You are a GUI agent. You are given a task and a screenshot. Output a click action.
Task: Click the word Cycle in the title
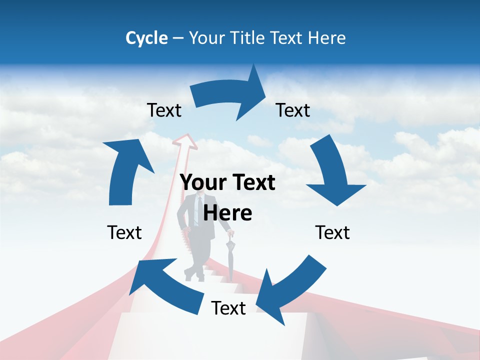(x=146, y=38)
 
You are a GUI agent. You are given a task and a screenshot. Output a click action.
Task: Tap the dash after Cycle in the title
(x=178, y=38)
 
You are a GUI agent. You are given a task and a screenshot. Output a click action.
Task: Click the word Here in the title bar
(x=327, y=38)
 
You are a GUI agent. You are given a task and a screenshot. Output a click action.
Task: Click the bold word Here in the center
(x=228, y=213)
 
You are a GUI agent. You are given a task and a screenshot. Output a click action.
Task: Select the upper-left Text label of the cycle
(x=164, y=110)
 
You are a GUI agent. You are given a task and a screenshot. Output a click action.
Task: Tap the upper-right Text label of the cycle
(x=293, y=110)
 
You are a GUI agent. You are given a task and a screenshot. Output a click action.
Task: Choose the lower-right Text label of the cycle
(x=332, y=232)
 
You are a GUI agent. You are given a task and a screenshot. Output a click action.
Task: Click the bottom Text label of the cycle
(x=228, y=308)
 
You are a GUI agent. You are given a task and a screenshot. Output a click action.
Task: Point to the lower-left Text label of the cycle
(x=124, y=232)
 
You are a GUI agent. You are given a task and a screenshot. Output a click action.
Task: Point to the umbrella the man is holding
(x=230, y=257)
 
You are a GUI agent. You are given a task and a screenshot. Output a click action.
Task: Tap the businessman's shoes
(x=194, y=274)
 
